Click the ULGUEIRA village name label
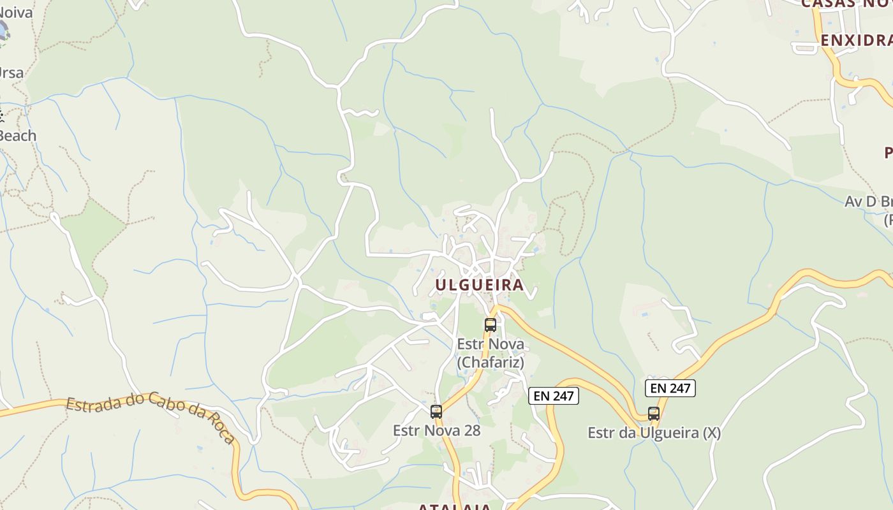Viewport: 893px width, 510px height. (479, 285)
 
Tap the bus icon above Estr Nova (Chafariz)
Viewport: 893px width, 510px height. (490, 324)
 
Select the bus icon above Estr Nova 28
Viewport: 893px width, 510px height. (436, 411)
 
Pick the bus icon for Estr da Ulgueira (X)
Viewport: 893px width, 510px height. (653, 413)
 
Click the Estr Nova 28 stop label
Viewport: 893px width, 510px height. (436, 430)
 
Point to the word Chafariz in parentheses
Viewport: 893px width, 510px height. (490, 363)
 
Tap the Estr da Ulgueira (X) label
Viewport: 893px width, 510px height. (654, 433)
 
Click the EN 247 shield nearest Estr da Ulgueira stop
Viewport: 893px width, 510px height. (670, 388)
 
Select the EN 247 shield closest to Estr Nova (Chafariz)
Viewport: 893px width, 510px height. (554, 396)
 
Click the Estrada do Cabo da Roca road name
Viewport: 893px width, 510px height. (151, 417)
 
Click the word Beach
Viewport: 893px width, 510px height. (17, 136)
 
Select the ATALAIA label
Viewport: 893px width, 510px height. (455, 507)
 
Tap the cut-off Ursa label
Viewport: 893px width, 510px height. (11, 73)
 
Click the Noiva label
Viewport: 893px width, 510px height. (15, 12)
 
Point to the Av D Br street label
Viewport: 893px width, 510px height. (868, 202)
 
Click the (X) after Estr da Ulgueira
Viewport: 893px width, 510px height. (711, 433)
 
